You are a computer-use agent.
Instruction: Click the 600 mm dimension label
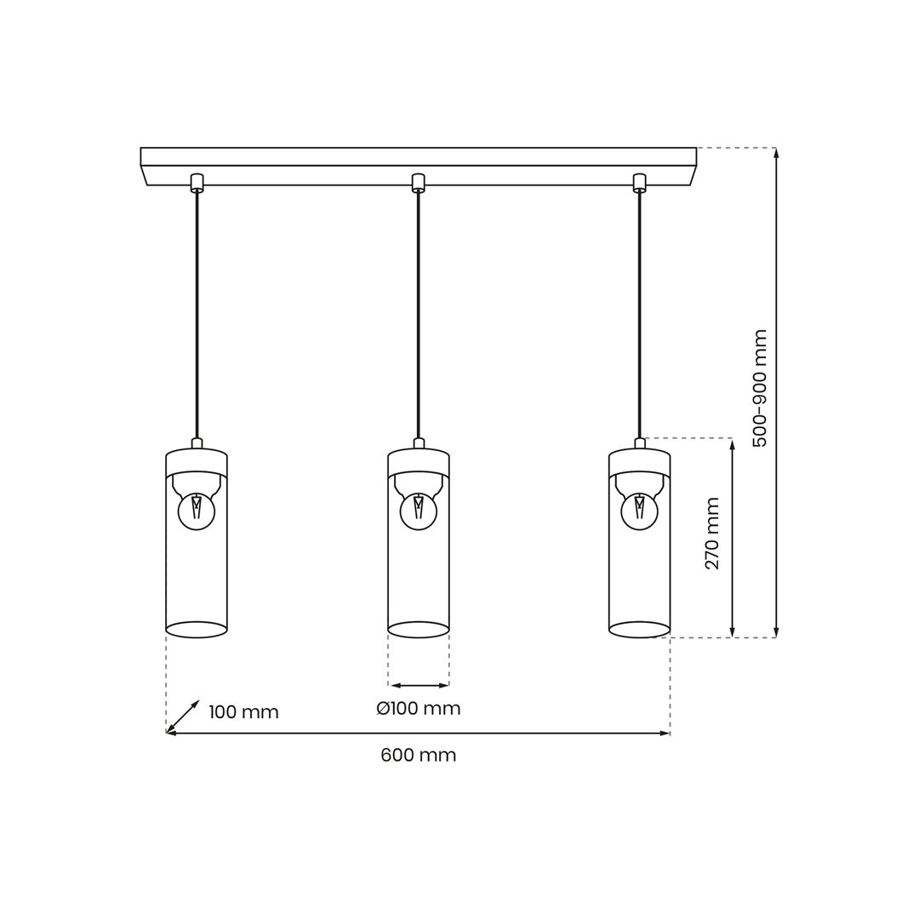pos(419,755)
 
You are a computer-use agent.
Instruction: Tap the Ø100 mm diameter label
pos(419,709)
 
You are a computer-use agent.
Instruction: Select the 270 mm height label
pos(711,534)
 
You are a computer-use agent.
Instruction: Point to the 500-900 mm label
pos(760,388)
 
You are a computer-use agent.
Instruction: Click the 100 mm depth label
pos(244,712)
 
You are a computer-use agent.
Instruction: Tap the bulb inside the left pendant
pos(197,511)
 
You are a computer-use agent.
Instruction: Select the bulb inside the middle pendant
pos(419,511)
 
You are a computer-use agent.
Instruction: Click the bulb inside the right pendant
pos(639,511)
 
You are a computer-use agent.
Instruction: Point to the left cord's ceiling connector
pos(197,182)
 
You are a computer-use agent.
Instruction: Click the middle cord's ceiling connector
pos(418,182)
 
